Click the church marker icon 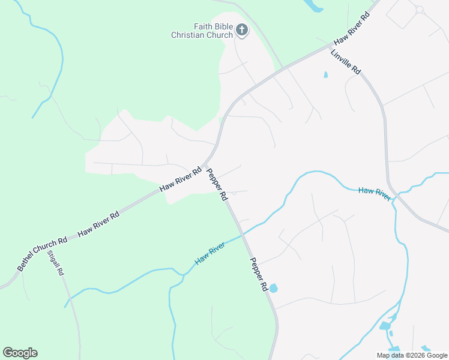(x=242, y=30)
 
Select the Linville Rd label (x=345, y=62)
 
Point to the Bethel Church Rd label (x=42, y=254)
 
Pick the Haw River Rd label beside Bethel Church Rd (x=98, y=222)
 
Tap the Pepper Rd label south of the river (x=259, y=275)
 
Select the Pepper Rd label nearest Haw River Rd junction (x=217, y=184)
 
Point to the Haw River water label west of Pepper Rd (x=209, y=254)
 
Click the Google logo (x=20, y=353)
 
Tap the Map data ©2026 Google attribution (x=412, y=355)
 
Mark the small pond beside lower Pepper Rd (x=273, y=288)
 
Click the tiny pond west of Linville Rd (x=326, y=75)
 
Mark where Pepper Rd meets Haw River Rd (x=204, y=164)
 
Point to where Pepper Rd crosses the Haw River (x=242, y=235)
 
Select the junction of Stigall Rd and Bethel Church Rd (x=49, y=244)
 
